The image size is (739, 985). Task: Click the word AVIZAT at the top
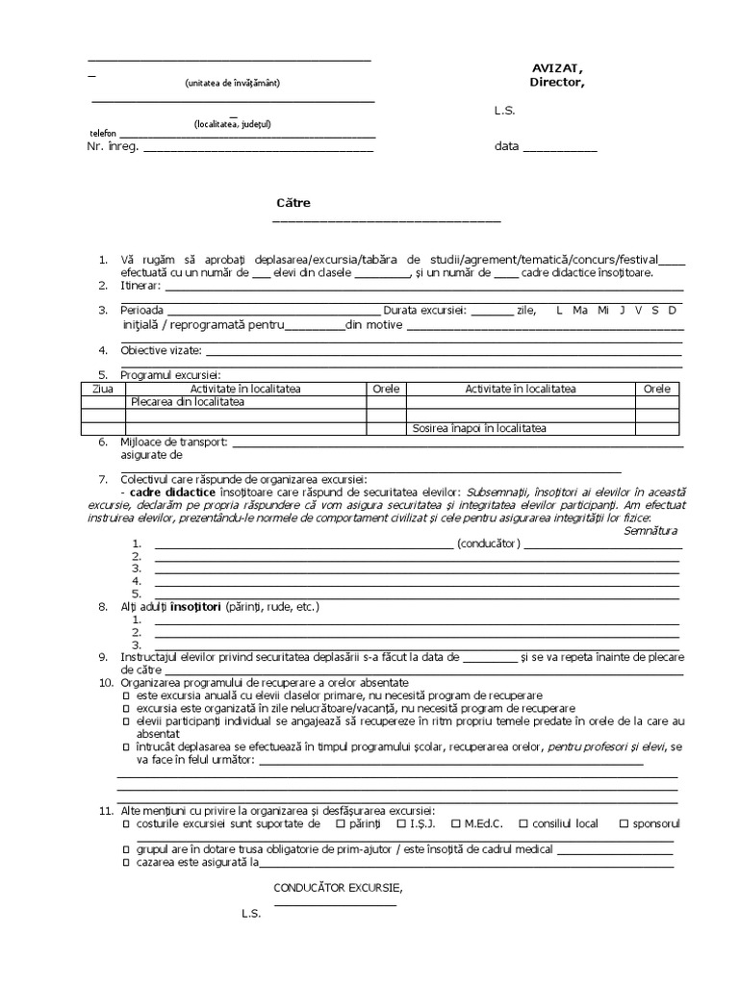click(556, 67)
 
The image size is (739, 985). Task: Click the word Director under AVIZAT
click(556, 82)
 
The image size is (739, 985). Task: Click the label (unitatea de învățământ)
click(233, 84)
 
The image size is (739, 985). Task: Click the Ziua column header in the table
click(102, 389)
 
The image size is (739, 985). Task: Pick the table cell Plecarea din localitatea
click(188, 402)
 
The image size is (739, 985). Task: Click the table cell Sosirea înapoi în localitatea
click(485, 429)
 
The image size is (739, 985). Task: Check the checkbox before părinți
click(341, 824)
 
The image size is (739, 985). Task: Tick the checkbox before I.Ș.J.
click(400, 824)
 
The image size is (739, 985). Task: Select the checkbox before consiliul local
click(522, 824)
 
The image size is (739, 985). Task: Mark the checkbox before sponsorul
click(624, 824)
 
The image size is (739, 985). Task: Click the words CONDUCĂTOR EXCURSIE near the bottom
click(338, 887)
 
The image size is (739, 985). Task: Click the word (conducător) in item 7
click(489, 543)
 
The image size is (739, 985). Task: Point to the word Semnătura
click(650, 531)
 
